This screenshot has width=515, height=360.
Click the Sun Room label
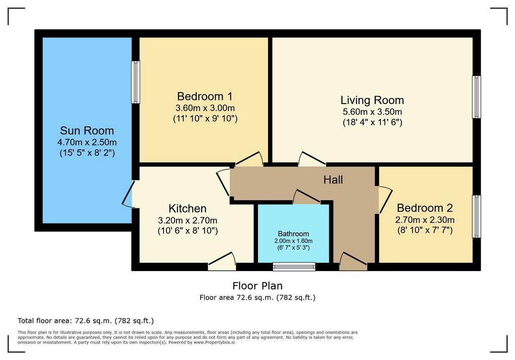(x=87, y=131)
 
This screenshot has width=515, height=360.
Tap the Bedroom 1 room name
(x=205, y=96)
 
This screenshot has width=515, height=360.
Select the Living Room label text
(x=372, y=100)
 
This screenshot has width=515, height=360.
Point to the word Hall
(x=333, y=179)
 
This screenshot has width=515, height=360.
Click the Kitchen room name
(x=188, y=209)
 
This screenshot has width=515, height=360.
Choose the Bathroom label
(x=293, y=234)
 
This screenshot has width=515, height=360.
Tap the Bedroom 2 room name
(x=424, y=208)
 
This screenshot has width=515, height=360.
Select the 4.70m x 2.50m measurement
(x=87, y=143)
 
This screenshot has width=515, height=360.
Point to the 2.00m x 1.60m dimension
(x=293, y=241)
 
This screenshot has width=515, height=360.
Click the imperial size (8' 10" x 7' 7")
(x=425, y=230)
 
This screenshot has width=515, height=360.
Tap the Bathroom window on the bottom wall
(x=294, y=266)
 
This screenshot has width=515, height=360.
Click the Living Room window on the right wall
(x=477, y=97)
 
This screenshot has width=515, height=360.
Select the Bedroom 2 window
(x=477, y=217)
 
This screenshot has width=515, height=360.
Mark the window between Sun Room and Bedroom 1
(x=136, y=82)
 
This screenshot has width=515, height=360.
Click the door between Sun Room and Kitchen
(x=128, y=194)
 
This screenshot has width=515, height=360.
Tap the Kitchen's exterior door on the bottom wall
(x=222, y=261)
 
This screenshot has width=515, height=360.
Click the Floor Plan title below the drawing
(x=257, y=286)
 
